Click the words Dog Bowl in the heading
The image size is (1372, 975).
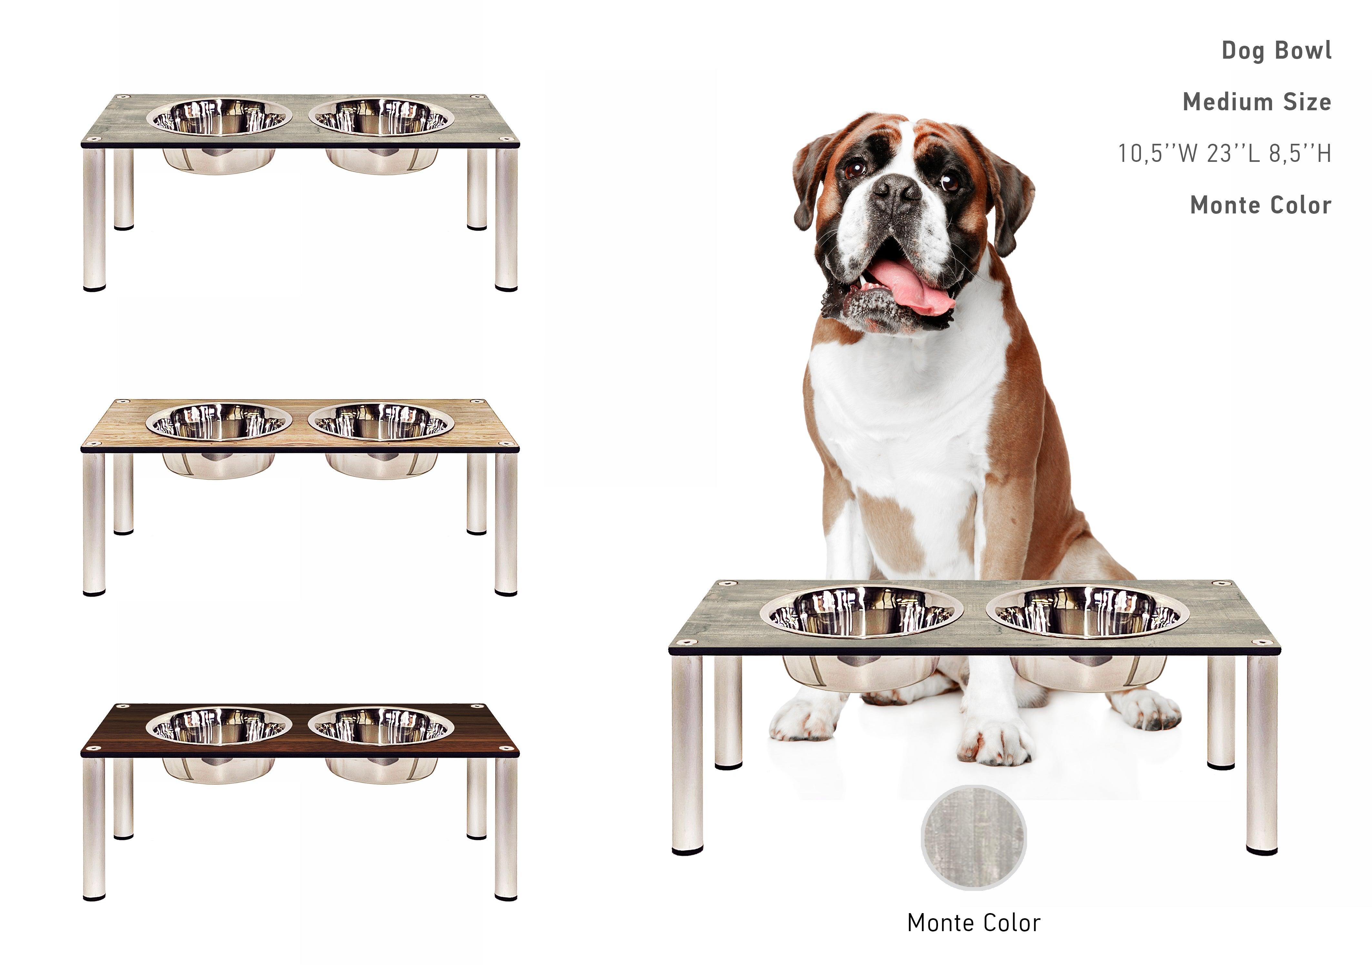pyautogui.click(x=1276, y=50)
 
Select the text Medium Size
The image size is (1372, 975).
pyautogui.click(x=1257, y=102)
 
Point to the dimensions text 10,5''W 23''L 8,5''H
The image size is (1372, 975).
pyautogui.click(x=1224, y=154)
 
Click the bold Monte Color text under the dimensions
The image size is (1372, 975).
pyautogui.click(x=1260, y=205)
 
